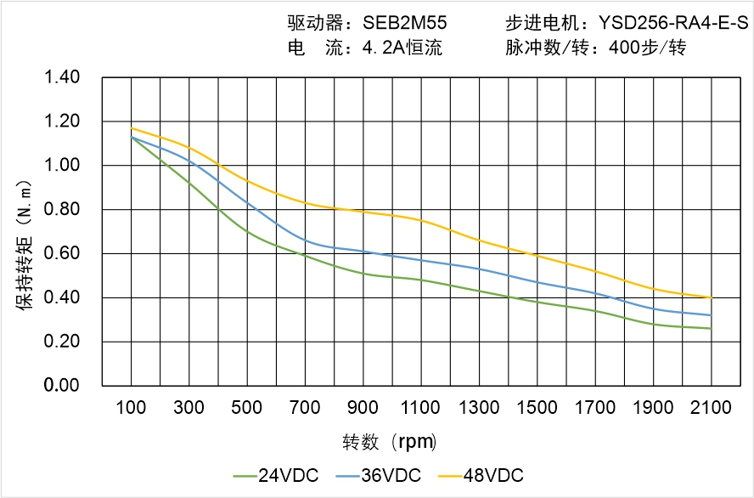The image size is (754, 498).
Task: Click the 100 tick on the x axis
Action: click(131, 408)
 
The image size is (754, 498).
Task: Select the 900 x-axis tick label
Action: click(363, 408)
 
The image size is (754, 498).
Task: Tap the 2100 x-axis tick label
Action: click(711, 408)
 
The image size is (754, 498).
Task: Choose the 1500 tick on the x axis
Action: click(537, 408)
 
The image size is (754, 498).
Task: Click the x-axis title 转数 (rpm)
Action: click(390, 443)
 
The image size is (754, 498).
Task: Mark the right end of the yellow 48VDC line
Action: click(711, 297)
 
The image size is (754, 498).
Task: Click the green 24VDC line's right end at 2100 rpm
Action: click(711, 328)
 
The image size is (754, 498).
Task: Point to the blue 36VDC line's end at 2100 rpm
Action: click(711, 315)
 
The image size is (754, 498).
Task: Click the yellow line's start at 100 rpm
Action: click(132, 128)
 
